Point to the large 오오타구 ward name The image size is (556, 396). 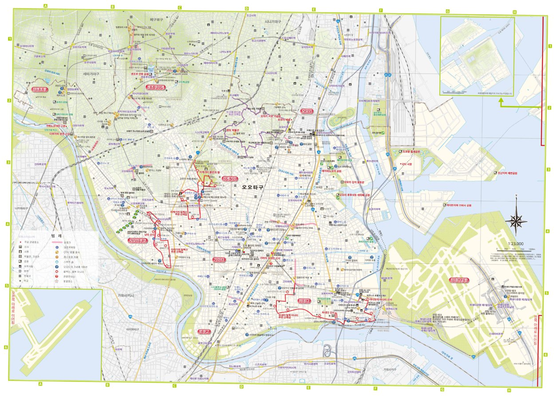[252, 187]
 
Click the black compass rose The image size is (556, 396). [516, 219]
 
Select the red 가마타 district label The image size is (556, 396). [219, 260]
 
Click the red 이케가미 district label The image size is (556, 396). [230, 179]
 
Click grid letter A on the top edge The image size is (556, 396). [45, 6]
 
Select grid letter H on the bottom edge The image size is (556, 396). [509, 391]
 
